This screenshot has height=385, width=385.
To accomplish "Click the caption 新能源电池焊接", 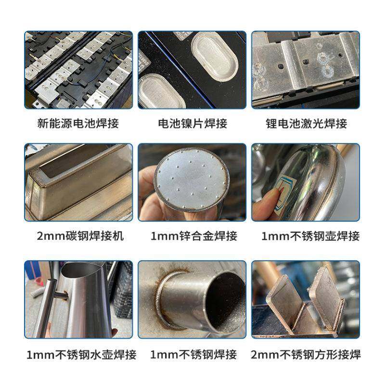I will click(x=77, y=123).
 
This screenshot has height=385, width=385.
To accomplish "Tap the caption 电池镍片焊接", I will click(x=192, y=123).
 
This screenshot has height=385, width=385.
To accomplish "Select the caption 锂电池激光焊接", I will click(x=306, y=123).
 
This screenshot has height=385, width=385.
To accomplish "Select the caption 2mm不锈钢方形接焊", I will click(x=306, y=355).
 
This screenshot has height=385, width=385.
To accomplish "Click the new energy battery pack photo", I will click(x=78, y=70).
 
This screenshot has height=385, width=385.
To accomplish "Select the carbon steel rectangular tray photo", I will click(x=78, y=182).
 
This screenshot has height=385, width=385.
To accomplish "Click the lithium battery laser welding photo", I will click(x=306, y=70).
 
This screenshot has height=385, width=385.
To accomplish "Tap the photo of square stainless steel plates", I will click(x=306, y=299).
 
